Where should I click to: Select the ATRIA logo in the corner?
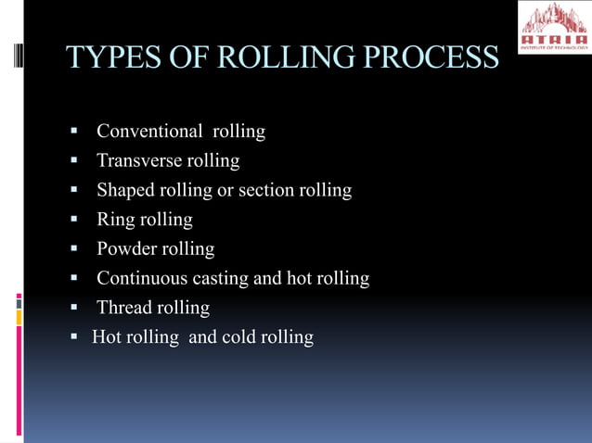552,27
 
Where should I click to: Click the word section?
266,191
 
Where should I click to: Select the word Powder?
127,249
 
